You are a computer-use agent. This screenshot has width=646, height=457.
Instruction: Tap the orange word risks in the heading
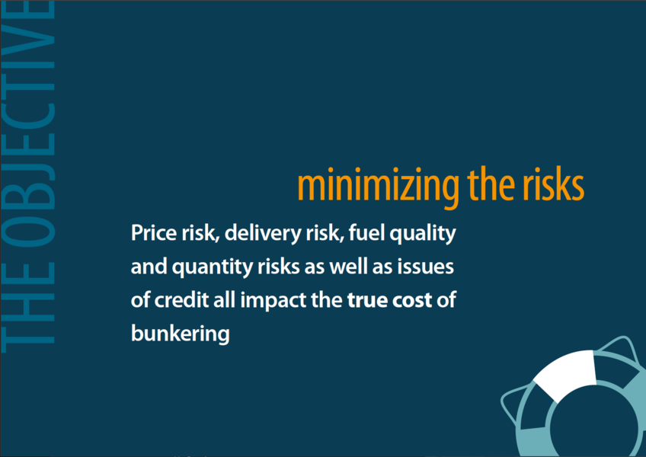pyautogui.click(x=553, y=185)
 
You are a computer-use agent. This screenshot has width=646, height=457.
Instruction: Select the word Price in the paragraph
pyautogui.click(x=154, y=233)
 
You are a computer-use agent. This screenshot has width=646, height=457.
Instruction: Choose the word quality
pyautogui.click(x=423, y=234)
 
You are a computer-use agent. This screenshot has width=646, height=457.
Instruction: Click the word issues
pyautogui.click(x=426, y=267)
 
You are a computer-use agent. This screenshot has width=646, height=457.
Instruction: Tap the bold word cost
pyautogui.click(x=412, y=300)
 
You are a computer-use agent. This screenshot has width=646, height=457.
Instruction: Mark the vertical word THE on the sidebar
pyautogui.click(x=28, y=308)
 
